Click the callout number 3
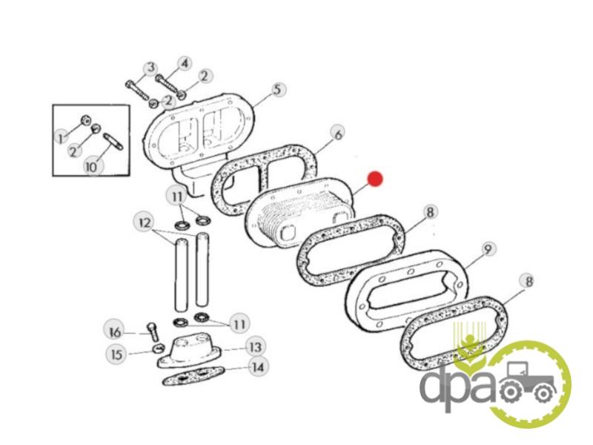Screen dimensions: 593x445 [151, 68]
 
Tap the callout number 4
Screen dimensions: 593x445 [184, 63]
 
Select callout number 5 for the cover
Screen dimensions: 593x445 [278, 90]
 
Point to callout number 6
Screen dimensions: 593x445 [338, 133]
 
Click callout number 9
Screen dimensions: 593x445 [488, 249]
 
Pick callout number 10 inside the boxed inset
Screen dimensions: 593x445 [92, 166]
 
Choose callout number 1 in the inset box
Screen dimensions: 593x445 [61, 137]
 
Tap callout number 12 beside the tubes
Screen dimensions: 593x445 [145, 222]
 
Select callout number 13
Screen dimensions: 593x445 [255, 346]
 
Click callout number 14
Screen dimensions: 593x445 [258, 366]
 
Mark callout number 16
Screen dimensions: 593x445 [115, 332]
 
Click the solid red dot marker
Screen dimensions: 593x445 [376, 179]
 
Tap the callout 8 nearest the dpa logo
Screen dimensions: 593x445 [529, 282]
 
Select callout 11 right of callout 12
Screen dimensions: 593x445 [177, 197]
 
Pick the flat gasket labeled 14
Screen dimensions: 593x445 [193, 376]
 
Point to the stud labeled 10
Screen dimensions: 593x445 [113, 141]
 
